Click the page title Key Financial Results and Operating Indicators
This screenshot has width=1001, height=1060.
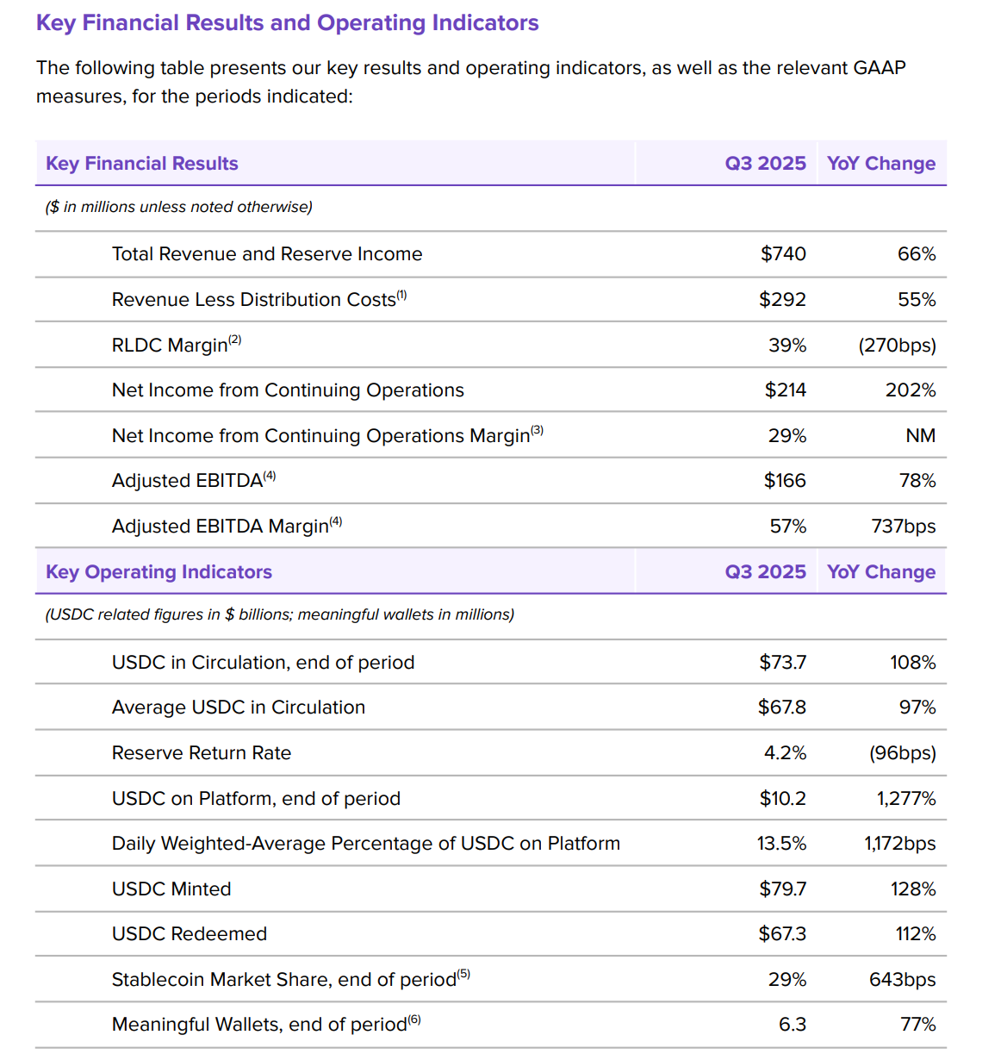[287, 23]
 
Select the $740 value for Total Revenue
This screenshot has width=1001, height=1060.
[782, 254]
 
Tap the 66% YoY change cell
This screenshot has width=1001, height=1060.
[916, 254]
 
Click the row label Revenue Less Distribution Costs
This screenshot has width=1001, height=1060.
[254, 300]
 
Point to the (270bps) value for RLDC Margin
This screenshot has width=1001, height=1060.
[896, 346]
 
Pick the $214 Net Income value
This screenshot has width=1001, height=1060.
[785, 390]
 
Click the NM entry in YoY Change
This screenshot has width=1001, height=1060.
[920, 436]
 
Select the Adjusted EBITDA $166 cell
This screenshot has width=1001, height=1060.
[784, 481]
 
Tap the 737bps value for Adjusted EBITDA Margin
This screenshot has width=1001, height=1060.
[903, 527]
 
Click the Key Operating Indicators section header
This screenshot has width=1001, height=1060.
[159, 572]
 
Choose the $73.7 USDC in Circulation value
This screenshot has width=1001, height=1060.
[782, 663]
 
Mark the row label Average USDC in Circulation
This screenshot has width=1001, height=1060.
[239, 708]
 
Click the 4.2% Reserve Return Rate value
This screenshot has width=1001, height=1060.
[785, 753]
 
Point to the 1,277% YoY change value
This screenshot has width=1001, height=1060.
[905, 799]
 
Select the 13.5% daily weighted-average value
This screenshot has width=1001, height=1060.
[781, 844]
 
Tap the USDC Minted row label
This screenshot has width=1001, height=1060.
[171, 889]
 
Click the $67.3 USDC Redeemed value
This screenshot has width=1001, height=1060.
[782, 934]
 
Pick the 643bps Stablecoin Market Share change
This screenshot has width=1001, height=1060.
[902, 980]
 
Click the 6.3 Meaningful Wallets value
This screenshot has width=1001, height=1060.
[792, 1025]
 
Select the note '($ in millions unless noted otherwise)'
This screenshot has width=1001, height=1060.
[179, 207]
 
